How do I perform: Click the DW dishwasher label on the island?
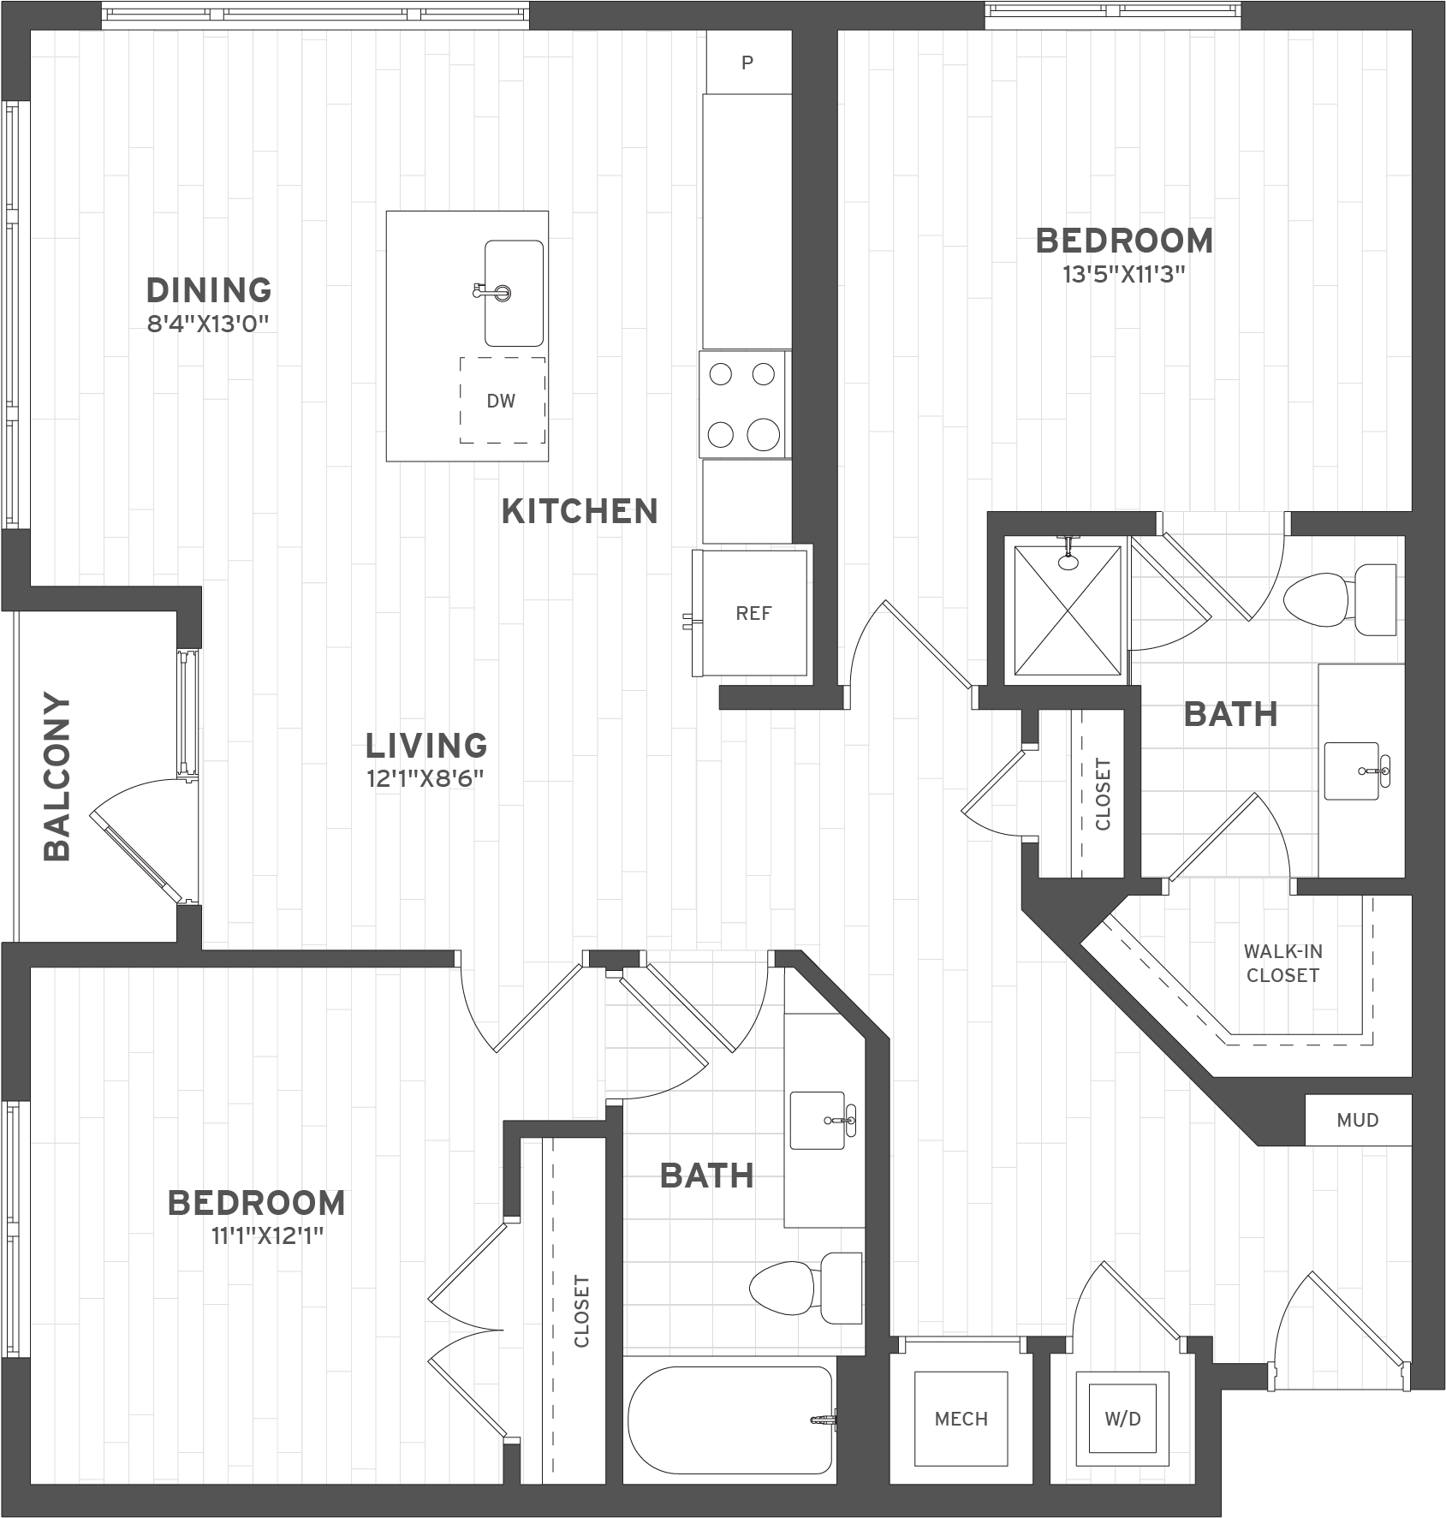click(501, 401)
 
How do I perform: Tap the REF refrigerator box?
click(753, 613)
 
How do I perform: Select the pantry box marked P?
click(747, 63)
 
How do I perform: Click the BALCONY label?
click(57, 777)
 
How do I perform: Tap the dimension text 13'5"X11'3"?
click(1124, 275)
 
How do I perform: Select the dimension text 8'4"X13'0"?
click(209, 324)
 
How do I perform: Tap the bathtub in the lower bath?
click(729, 1420)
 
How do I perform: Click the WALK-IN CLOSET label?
click(1282, 963)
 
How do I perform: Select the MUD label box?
click(1357, 1120)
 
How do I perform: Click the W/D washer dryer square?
click(1122, 1419)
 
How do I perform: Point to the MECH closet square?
click(961, 1419)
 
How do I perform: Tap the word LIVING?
click(426, 746)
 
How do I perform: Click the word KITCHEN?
click(580, 511)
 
